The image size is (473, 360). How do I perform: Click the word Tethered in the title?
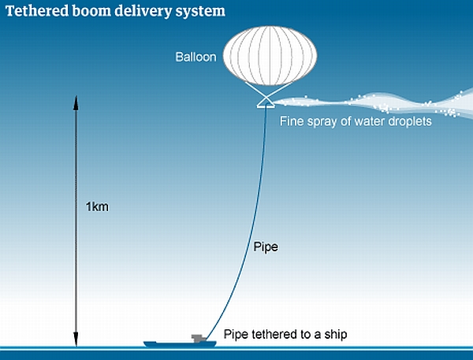point(37,11)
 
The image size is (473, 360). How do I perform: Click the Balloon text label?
point(196,57)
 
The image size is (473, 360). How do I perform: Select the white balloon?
point(270,56)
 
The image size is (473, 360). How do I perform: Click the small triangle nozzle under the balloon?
point(266,104)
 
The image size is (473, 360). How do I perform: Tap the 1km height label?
point(97,207)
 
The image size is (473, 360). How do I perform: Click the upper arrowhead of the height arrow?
point(76,102)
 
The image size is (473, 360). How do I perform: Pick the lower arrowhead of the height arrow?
point(76,340)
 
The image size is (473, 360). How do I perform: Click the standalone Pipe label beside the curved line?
point(266,247)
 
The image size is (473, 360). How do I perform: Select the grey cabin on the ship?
point(199,338)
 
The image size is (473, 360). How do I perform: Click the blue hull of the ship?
point(180,344)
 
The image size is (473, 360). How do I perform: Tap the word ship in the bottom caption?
point(336,335)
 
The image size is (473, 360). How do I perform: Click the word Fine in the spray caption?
point(290,121)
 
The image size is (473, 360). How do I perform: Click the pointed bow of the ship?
point(144,343)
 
